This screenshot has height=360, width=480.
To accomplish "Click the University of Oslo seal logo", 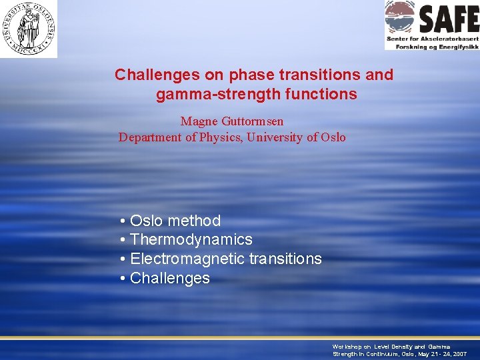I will [x=29, y=28].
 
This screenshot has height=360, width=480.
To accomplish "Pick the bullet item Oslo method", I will [x=175, y=221].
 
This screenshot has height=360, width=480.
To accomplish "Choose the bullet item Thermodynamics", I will [x=191, y=239].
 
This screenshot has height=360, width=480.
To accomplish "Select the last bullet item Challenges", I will [x=169, y=278].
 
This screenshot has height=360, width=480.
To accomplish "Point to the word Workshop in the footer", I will [x=347, y=347].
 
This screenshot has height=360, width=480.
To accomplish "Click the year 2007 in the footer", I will [x=459, y=354].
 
